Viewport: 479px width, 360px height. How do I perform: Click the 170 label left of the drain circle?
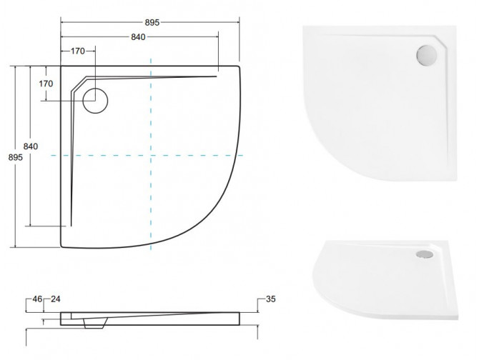pos(46,84)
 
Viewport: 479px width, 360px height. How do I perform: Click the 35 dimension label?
pos(270,299)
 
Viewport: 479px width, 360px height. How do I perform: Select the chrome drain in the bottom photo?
pos(426,252)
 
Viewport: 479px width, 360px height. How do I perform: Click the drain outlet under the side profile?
pos(92,324)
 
